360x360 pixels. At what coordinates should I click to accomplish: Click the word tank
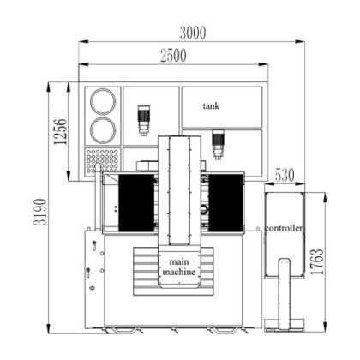[x=212, y=106]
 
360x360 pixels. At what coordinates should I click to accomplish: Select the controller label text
[x=284, y=230]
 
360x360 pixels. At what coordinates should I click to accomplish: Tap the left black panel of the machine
[x=135, y=202]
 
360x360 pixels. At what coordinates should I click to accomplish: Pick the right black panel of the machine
[x=225, y=202]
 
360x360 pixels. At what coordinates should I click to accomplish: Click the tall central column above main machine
[x=181, y=193]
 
